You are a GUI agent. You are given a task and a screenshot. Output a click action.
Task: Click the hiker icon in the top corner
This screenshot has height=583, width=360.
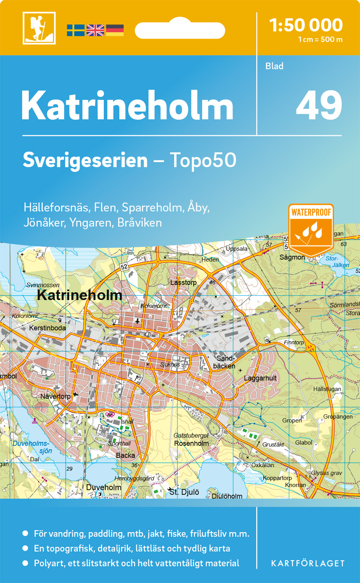click(39, 28)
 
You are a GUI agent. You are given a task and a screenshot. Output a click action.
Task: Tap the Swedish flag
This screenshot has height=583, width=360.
click(75, 30)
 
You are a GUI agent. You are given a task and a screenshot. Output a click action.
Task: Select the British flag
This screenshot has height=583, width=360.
click(95, 30)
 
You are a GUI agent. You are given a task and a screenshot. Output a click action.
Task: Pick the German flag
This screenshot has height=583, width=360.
click(115, 30)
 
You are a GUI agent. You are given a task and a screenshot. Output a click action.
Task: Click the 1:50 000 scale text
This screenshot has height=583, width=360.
click(306, 25)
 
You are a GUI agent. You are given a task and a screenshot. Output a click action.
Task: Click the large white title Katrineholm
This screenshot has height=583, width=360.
click(128, 106)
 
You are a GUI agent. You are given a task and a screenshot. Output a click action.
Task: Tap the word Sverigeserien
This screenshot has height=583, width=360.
click(85, 160)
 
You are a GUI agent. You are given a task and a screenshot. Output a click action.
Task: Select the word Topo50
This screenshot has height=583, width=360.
click(203, 160)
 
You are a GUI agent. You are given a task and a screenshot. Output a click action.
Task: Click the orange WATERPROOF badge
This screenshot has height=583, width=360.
click(311, 229)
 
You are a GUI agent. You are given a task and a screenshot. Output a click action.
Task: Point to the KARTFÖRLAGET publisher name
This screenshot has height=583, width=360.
click(308, 564)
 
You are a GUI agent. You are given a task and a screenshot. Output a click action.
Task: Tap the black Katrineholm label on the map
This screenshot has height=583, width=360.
click(80, 295)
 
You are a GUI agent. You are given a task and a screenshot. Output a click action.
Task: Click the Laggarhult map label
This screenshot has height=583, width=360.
click(260, 378)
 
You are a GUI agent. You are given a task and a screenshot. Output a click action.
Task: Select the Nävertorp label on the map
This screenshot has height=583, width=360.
click(56, 396)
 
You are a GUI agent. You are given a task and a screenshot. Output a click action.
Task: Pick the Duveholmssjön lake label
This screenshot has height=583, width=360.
click(32, 447)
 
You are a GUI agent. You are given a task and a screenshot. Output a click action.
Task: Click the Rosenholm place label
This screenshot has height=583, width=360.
click(191, 443)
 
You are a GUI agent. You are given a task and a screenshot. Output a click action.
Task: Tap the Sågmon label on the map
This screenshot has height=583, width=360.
click(292, 257)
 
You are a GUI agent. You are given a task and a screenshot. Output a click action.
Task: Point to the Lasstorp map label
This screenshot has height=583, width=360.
click(183, 283)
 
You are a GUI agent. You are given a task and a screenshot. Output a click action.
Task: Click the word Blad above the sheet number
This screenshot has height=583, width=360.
click(274, 66)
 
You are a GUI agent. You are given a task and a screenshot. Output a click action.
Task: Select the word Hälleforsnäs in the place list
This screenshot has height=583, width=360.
click(56, 207)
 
